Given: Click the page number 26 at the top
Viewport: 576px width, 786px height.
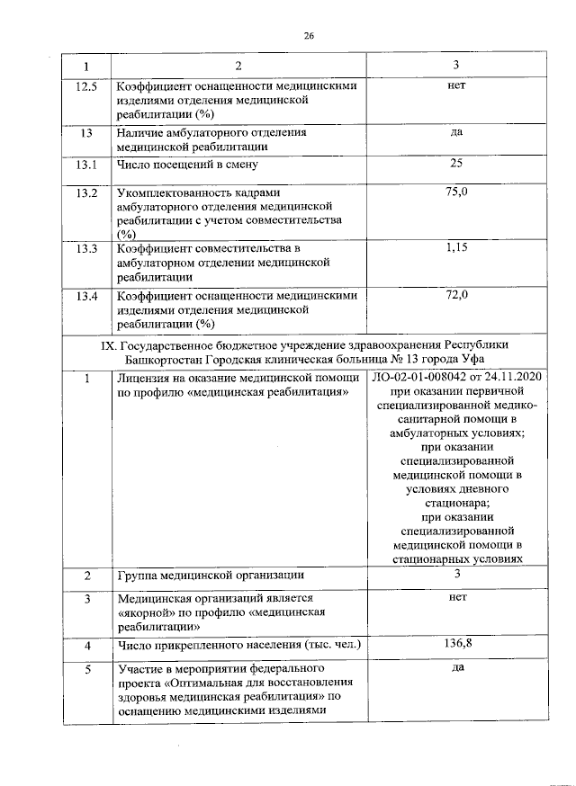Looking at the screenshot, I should pyautogui.click(x=308, y=37).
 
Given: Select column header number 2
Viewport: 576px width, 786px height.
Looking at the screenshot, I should pyautogui.click(x=238, y=67).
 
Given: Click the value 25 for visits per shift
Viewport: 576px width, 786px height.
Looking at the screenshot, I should pyautogui.click(x=456, y=163).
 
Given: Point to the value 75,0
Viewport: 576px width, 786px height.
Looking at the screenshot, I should pyautogui.click(x=456, y=192).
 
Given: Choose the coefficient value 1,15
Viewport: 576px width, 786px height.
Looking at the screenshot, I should pyautogui.click(x=456, y=246).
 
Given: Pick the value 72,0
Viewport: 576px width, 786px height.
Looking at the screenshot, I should pyautogui.click(x=456, y=294).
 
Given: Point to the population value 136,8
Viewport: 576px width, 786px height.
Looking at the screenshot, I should pyautogui.click(x=456, y=644).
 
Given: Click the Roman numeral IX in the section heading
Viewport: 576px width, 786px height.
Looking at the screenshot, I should pyautogui.click(x=103, y=344).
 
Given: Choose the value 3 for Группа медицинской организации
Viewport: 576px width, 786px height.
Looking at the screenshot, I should pyautogui.click(x=456, y=574).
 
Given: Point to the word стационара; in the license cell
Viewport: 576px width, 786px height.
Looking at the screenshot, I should pyautogui.click(x=456, y=502).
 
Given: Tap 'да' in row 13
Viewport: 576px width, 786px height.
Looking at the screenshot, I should pyautogui.click(x=456, y=132).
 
